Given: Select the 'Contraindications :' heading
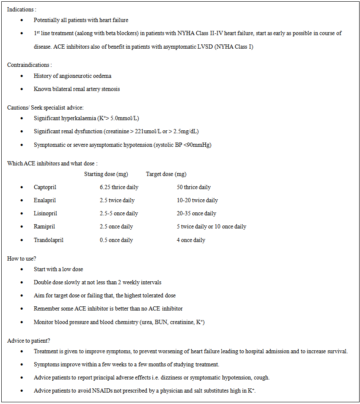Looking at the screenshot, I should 30,65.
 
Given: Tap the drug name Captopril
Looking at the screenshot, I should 45,187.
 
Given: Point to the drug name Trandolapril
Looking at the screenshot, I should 49,240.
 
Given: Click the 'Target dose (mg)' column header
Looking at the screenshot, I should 166,174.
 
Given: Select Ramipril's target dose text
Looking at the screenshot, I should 211,227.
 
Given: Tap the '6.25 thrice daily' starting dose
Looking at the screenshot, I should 119,187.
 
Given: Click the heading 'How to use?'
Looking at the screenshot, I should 22,258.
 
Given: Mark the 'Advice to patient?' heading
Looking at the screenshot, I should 29,341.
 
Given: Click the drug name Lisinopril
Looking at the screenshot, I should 45,214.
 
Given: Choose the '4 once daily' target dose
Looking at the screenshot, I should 191,240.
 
